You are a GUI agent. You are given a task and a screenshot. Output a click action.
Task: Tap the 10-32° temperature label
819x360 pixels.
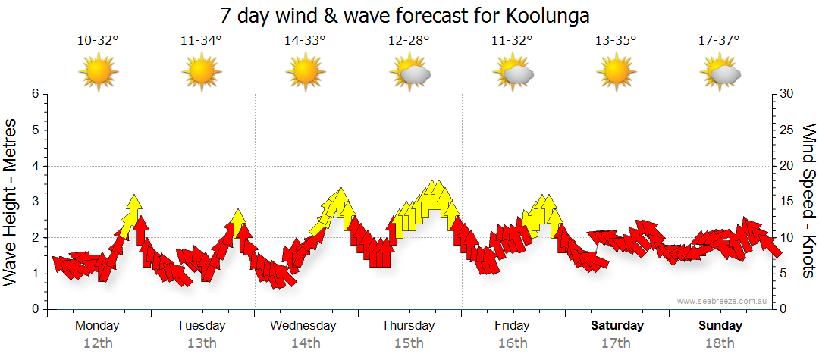pyautogui.click(x=98, y=41)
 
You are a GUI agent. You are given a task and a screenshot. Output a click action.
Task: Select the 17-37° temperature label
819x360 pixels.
pyautogui.click(x=719, y=41)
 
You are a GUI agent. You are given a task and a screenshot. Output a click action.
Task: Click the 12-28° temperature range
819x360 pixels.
pyautogui.click(x=409, y=41)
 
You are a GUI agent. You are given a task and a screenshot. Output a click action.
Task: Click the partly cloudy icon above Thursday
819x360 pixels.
pyautogui.click(x=409, y=73)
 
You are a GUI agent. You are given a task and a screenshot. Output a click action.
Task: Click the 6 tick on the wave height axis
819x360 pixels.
pyautogui.click(x=35, y=94)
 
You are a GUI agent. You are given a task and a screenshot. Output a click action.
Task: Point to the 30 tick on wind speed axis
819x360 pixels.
pyautogui.click(x=787, y=94)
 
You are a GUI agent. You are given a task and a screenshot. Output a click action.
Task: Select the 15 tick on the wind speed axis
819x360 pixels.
pyautogui.click(x=787, y=202)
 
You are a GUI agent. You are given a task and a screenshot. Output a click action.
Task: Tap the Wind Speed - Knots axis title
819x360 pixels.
pyautogui.click(x=808, y=202)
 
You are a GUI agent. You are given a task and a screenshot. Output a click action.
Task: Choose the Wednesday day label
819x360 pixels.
pyautogui.click(x=303, y=326)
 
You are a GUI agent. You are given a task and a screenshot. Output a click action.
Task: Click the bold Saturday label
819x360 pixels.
pyautogui.click(x=617, y=326)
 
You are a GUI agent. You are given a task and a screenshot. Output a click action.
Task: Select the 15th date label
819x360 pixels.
pyautogui.click(x=409, y=343)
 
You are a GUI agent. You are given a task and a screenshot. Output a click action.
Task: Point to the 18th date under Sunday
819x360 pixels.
pyautogui.click(x=720, y=343)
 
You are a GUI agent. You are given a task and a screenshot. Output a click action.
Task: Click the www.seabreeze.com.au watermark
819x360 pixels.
pyautogui.click(x=723, y=301)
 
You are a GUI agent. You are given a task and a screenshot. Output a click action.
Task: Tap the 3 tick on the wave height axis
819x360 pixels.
pyautogui.click(x=35, y=202)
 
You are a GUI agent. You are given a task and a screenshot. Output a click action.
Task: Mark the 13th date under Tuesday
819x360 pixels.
pyautogui.click(x=201, y=343)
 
